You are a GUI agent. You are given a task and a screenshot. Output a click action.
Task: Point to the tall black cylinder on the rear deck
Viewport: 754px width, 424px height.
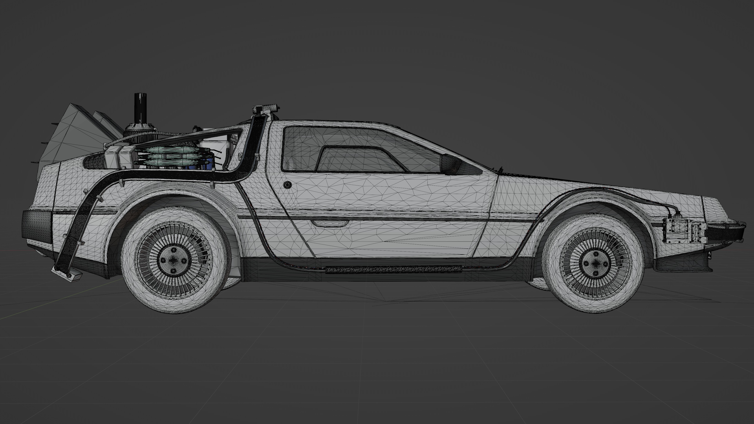pos(140,109)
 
